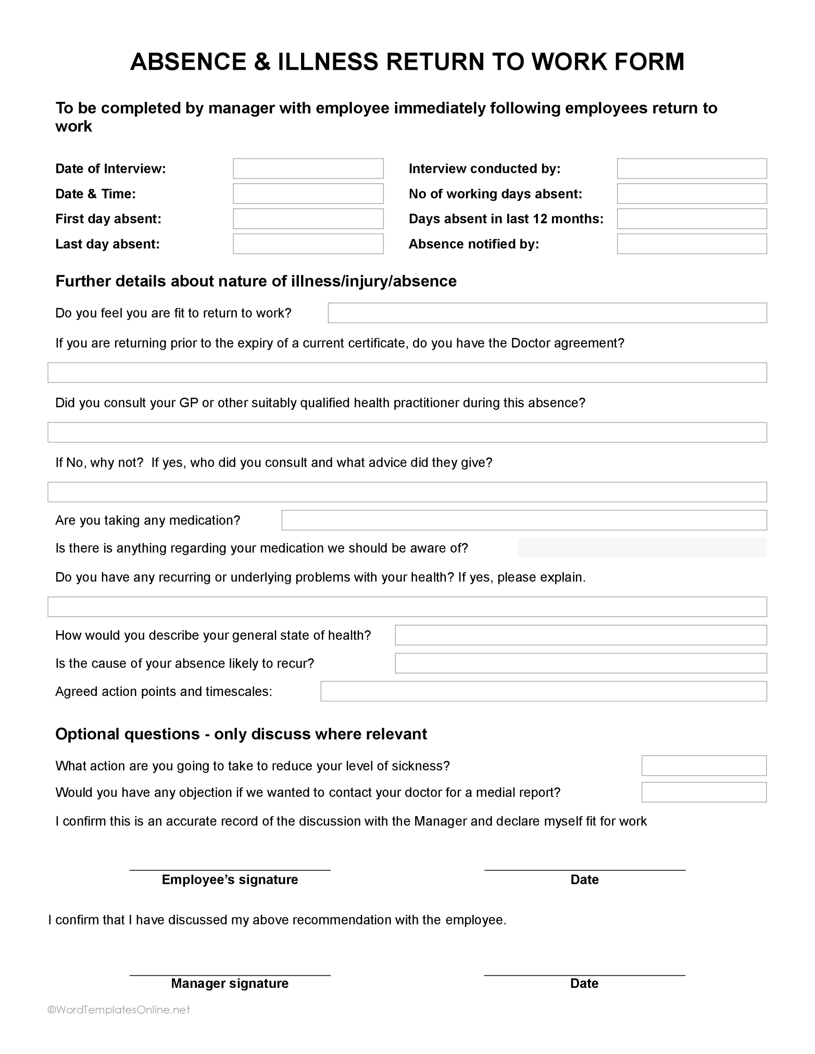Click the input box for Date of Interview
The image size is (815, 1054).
pyautogui.click(x=308, y=168)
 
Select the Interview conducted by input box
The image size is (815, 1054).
pyautogui.click(x=691, y=168)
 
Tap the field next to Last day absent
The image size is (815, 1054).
pyautogui.click(x=308, y=244)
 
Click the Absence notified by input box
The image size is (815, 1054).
pyautogui.click(x=691, y=244)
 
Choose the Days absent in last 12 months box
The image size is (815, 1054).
pyautogui.click(x=691, y=219)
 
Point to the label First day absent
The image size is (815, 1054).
pyautogui.click(x=108, y=219)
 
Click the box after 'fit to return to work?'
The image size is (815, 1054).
pyautogui.click(x=547, y=313)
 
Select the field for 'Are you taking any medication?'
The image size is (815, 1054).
pyautogui.click(x=524, y=520)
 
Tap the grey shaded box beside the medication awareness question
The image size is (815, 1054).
pyautogui.click(x=642, y=548)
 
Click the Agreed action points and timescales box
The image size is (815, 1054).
pyautogui.click(x=543, y=691)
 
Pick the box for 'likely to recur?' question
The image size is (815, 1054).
pyautogui.click(x=580, y=663)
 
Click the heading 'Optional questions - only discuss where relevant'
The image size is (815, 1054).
pyautogui.click(x=241, y=734)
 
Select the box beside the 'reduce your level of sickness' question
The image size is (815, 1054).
pyautogui.click(x=704, y=765)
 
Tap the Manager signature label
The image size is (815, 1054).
pyautogui.click(x=230, y=983)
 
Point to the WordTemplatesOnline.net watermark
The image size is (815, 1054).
pyautogui.click(x=118, y=1010)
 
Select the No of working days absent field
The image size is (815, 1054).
pyautogui.click(x=691, y=194)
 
